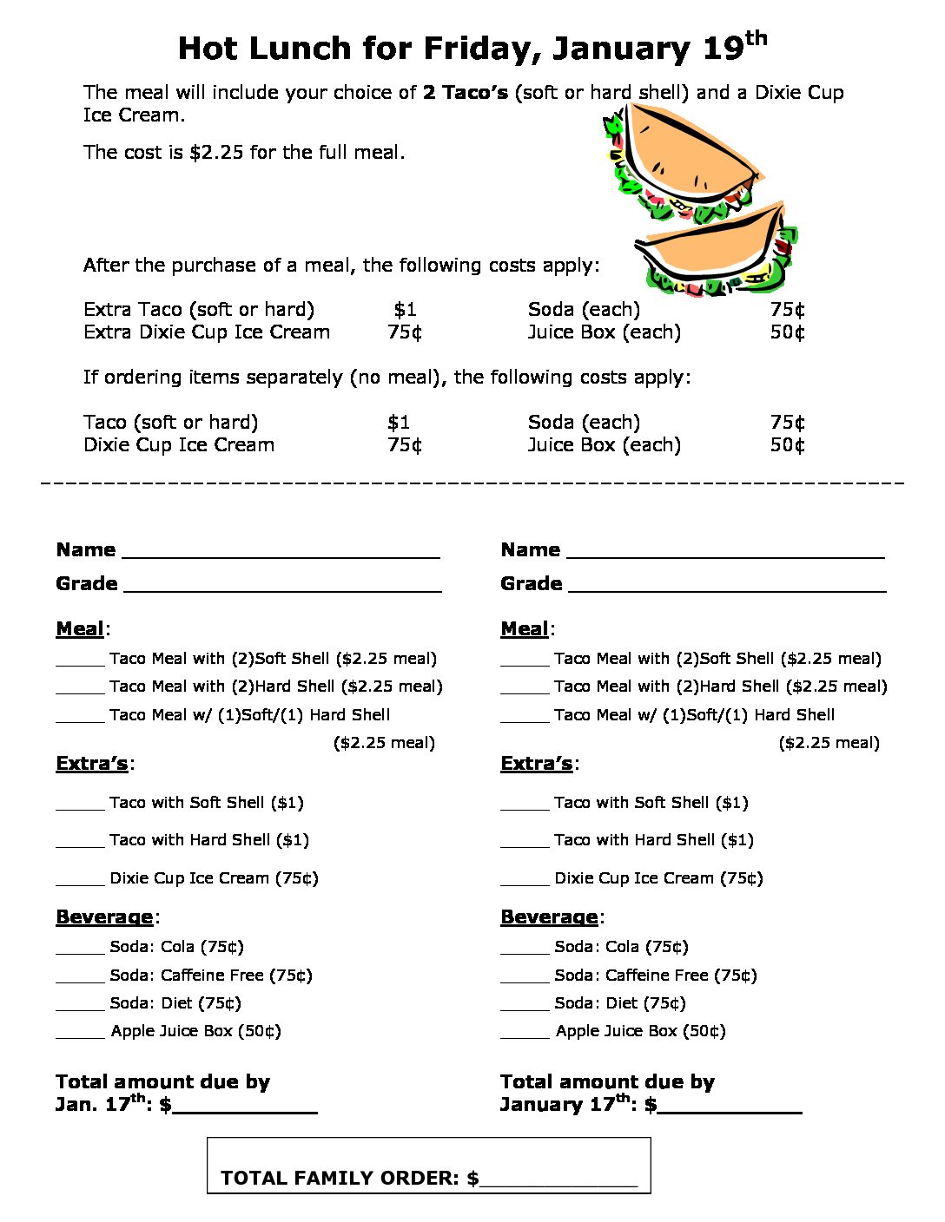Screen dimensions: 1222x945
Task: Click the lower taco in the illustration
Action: (x=717, y=248)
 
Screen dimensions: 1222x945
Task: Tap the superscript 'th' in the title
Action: (x=756, y=38)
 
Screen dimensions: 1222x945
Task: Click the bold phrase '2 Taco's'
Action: (x=465, y=93)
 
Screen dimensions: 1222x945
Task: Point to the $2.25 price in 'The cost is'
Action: (x=216, y=153)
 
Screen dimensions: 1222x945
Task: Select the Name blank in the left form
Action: (x=281, y=552)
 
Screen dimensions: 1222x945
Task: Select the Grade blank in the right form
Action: (x=727, y=586)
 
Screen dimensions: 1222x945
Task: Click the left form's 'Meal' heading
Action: (x=80, y=629)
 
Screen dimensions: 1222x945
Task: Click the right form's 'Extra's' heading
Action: (x=536, y=764)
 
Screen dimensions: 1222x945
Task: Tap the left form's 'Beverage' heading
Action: (x=104, y=917)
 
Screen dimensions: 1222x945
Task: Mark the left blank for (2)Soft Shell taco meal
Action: (x=80, y=661)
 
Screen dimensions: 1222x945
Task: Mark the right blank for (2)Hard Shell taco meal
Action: (x=525, y=689)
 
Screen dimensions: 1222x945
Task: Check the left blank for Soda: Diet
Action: (x=80, y=1006)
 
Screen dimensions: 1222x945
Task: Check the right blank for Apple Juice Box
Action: (x=525, y=1034)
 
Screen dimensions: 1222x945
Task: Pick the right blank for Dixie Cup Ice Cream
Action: (x=525, y=881)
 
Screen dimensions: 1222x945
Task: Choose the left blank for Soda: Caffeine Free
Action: (x=80, y=978)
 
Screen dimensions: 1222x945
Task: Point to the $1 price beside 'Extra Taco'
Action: (x=405, y=310)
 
